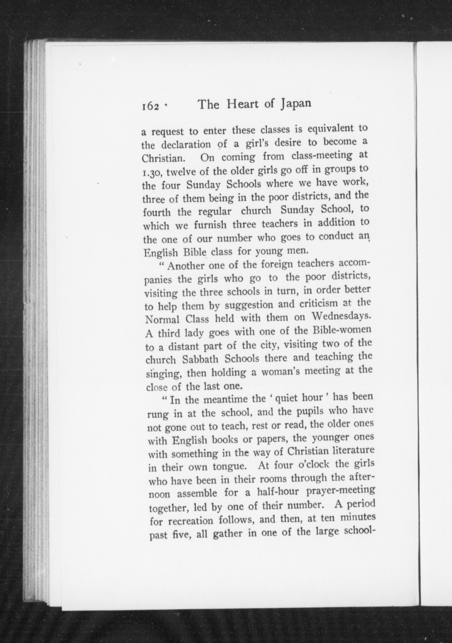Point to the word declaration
pyautogui.click(x=186, y=145)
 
